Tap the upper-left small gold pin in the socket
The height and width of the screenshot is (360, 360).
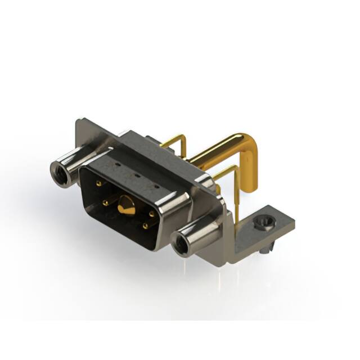click(99, 183)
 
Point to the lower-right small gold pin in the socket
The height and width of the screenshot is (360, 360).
click(146, 226)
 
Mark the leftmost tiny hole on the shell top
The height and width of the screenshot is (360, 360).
click(118, 165)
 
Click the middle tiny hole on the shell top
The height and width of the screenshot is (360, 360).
click(138, 175)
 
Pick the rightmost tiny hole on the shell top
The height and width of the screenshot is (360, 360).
click(156, 186)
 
